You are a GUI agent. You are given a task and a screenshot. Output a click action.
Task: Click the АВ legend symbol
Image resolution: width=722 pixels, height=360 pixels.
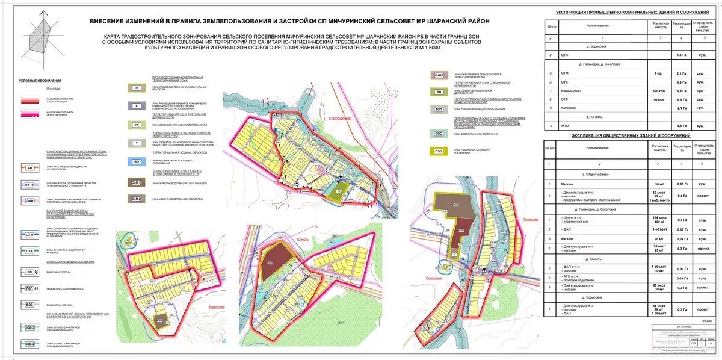click(x=30, y=168)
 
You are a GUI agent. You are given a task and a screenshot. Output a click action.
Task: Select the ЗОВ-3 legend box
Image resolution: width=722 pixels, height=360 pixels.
click(x=30, y=327)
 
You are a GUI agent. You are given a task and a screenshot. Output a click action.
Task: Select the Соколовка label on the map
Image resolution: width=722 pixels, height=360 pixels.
click(x=434, y=278)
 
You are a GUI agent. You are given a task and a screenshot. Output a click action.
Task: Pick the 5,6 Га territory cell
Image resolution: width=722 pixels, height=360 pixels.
click(x=681, y=125)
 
